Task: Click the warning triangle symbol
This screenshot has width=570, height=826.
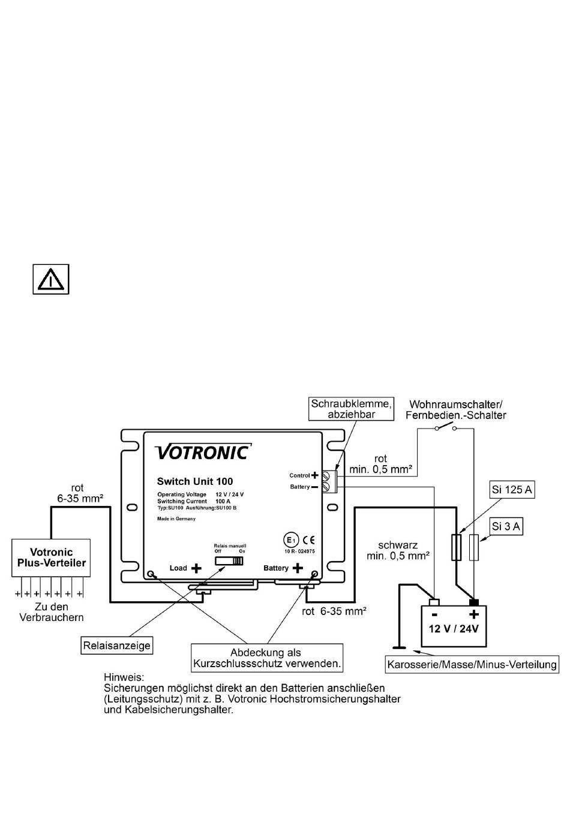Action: pos(50,279)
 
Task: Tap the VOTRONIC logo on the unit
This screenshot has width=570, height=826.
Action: pos(203,452)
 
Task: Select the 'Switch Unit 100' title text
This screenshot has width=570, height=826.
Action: pos(195,481)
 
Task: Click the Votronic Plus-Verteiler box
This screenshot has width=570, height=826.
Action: pos(51,558)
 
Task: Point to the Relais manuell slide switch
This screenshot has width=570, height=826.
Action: pos(229,561)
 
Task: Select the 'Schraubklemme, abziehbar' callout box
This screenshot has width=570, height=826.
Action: pos(351,409)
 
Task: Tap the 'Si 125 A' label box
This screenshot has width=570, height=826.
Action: pos(512,490)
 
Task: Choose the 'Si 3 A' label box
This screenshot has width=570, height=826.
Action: pos(506,526)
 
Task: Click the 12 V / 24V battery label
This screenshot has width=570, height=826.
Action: pos(454,628)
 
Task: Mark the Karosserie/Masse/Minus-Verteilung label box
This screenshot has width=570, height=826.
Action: pos(472,665)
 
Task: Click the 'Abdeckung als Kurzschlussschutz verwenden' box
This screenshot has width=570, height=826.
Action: pos(267,658)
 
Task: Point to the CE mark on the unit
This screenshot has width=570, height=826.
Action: pos(308,540)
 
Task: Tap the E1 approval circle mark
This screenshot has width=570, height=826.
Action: pos(290,540)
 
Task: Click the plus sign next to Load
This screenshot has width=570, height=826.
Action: pos(196,568)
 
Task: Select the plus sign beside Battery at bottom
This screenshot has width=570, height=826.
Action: pos(298,568)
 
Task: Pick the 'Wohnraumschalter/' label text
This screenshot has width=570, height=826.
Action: pos(456,405)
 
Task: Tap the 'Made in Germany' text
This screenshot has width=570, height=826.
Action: pos(176,519)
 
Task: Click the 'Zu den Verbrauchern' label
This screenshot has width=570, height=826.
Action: pos(52,612)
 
